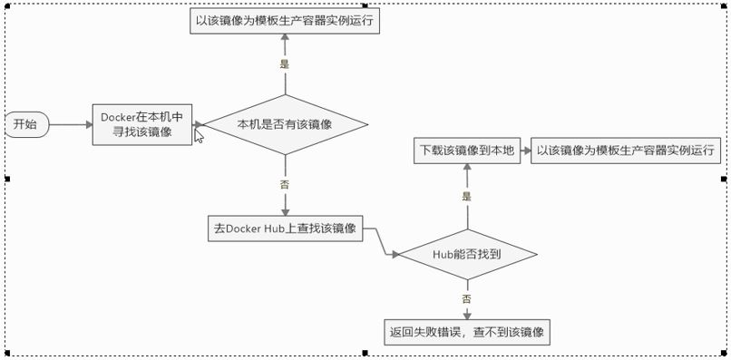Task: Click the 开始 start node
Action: click(24, 124)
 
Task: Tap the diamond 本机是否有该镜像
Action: click(285, 124)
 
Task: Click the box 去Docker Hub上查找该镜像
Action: click(286, 229)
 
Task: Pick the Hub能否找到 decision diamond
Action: click(467, 254)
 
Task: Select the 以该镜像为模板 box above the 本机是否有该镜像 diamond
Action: click(285, 21)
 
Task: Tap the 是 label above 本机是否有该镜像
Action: click(285, 63)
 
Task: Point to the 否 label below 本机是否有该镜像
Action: click(285, 183)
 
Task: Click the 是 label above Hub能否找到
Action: click(467, 196)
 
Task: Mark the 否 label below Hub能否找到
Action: click(467, 297)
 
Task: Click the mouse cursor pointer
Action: click(200, 135)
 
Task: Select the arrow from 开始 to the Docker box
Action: click(70, 124)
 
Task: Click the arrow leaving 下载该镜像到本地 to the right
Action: click(524, 151)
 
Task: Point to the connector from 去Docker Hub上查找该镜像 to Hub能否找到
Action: click(381, 243)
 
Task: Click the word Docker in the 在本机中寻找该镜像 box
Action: click(119, 117)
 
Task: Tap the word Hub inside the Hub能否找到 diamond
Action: click(442, 254)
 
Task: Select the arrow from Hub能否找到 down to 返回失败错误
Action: click(467, 308)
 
